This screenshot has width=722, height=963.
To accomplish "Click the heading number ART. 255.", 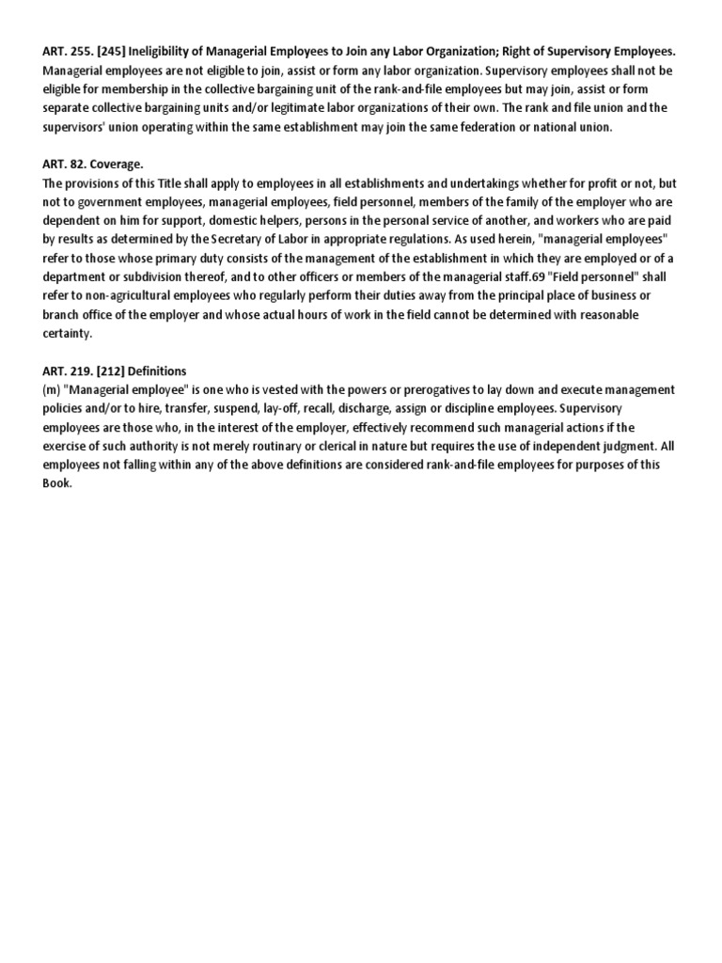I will [x=68, y=52].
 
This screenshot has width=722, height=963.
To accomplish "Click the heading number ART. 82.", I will [x=64, y=164].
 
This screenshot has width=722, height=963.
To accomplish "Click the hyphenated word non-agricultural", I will [x=125, y=295].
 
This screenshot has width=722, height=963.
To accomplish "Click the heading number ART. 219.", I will [x=68, y=371].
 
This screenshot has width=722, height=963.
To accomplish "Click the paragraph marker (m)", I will [x=52, y=389].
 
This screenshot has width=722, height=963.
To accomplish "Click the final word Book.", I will [x=56, y=483].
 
